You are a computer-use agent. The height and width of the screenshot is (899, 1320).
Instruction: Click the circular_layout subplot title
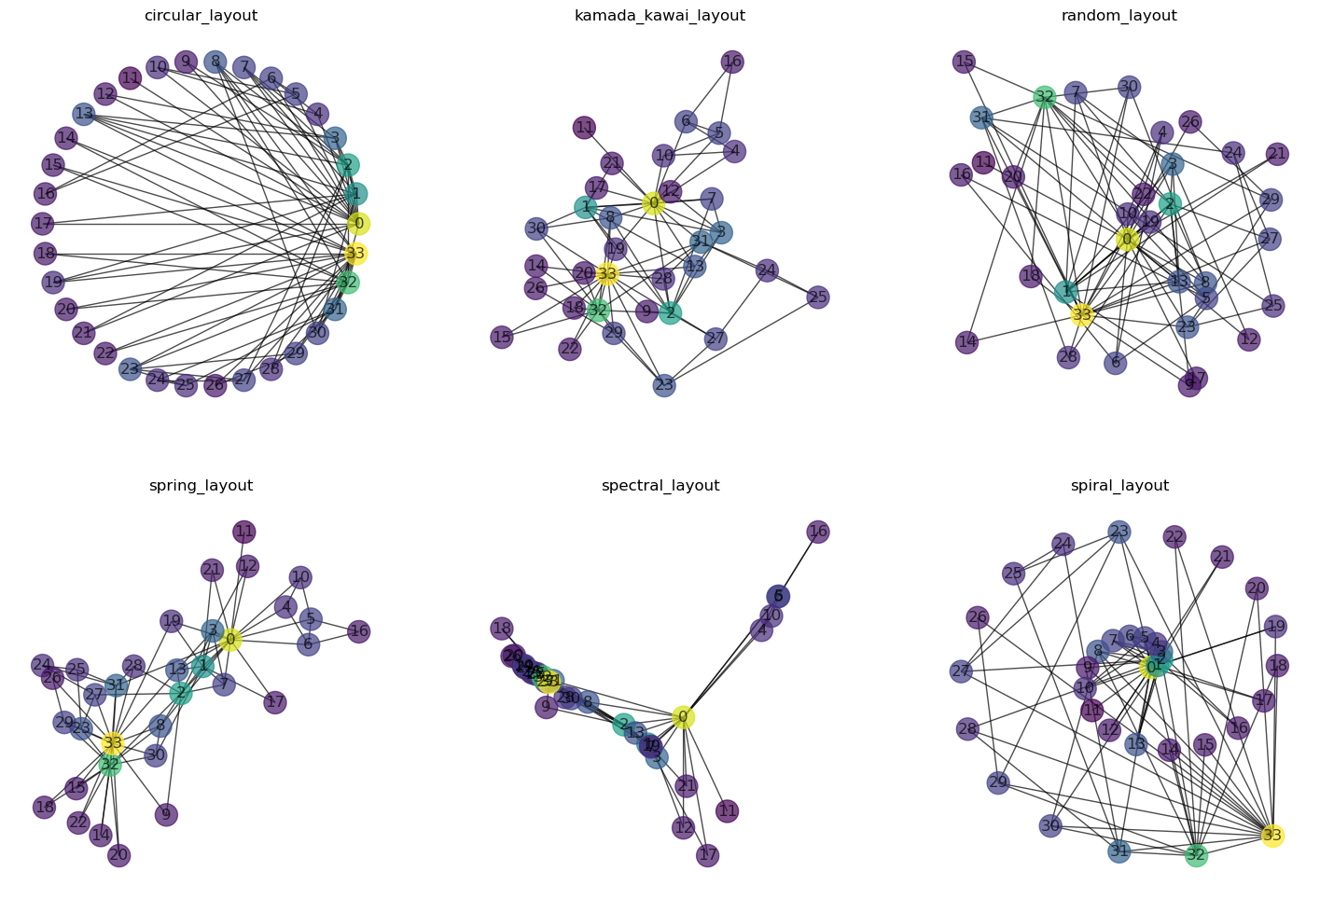pos(201,16)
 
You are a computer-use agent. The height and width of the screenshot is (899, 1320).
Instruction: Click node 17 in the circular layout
pos(43,224)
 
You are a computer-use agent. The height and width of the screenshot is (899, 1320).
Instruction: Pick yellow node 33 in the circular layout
pos(354,254)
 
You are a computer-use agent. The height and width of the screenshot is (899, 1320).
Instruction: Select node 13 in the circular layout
pos(84,114)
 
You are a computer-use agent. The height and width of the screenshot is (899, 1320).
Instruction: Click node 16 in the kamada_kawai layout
pos(732,62)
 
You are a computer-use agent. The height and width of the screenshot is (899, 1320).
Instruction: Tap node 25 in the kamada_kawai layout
pos(818,297)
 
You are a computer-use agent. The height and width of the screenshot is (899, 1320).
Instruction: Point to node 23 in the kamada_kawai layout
pos(664,385)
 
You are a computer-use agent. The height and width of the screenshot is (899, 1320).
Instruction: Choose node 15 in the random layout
pos(965,62)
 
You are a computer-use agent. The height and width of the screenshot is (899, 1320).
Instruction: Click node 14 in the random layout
pos(967,342)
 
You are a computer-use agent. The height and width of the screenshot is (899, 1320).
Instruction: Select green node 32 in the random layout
pos(1045,96)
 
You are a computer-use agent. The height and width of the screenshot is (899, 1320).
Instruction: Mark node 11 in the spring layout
pos(244,532)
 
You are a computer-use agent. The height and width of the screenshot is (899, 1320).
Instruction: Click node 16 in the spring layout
pos(359,631)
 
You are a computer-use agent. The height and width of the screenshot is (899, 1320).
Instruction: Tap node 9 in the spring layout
pos(166,814)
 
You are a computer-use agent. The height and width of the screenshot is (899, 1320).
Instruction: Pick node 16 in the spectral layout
pos(818,532)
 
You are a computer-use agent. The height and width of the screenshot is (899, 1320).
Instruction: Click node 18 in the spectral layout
pos(502,629)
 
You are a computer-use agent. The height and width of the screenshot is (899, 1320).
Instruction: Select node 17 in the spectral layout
pos(708,855)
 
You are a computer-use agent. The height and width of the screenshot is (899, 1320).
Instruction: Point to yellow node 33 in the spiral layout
pos(1272,835)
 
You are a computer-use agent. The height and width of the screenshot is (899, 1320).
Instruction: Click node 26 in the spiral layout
pos(978,617)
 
